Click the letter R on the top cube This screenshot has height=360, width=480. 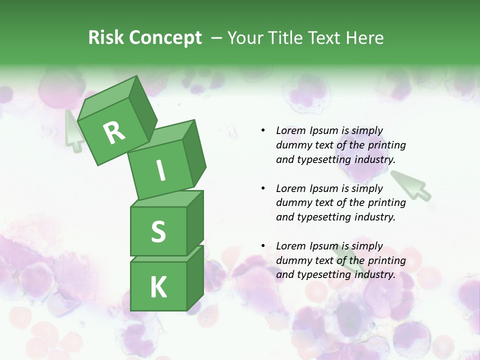pos(114,132)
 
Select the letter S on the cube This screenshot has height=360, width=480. pos(158,231)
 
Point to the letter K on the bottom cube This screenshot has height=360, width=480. pos(158,287)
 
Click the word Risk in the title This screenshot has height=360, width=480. pos(106,38)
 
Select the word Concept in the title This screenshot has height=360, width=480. pos(165,38)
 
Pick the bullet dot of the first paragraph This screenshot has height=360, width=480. pos(263,131)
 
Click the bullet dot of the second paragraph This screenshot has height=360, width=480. pos(263,189)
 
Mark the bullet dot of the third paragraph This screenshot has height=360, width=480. pos(263,246)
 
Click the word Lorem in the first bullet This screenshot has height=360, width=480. pos(290,131)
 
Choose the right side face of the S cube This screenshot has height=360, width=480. pos(195,222)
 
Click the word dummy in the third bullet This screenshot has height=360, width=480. pos(292,260)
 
